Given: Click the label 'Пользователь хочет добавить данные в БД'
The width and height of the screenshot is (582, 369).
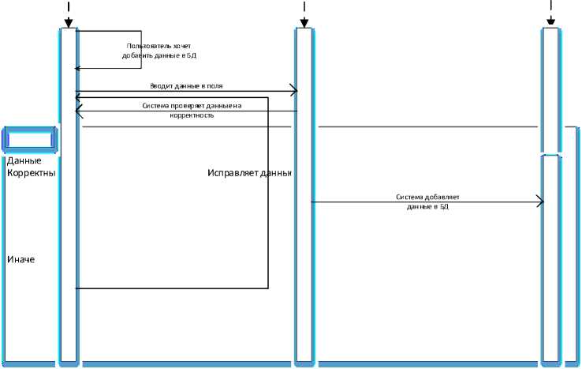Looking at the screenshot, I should coord(159,51).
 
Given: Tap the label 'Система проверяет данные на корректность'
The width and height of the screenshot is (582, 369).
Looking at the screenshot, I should coord(191,110).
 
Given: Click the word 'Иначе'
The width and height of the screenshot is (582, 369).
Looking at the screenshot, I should coord(21,260).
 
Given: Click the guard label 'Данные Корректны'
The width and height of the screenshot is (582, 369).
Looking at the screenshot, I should coord(31,167).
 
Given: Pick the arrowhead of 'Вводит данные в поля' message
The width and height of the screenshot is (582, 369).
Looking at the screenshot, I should coord(293,92).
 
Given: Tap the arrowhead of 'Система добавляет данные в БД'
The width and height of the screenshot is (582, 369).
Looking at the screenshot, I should coord(540,201).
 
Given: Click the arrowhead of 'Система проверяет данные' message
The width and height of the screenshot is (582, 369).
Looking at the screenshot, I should coord(78,111).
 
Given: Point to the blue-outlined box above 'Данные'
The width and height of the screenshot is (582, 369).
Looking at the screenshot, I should coord(30,139).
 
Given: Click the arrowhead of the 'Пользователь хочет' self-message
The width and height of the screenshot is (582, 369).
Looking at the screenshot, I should coord(78,69).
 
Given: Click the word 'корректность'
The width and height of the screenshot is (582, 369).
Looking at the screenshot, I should coord(192,115).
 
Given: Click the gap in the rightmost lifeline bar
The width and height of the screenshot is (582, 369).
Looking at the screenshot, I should coord(550,153).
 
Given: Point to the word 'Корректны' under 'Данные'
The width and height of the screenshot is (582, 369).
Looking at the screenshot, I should coord(31,173).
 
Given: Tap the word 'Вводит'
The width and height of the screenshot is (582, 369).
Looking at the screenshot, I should coord(161,85).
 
